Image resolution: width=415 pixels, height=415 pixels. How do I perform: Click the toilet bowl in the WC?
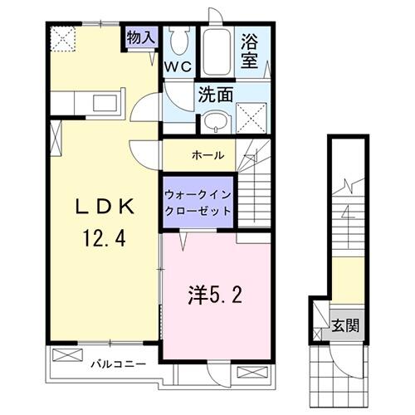coord(178,40)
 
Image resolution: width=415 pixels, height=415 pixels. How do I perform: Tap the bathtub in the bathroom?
coord(218,52)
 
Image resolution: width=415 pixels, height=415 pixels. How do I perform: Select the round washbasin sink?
coord(214,122)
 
